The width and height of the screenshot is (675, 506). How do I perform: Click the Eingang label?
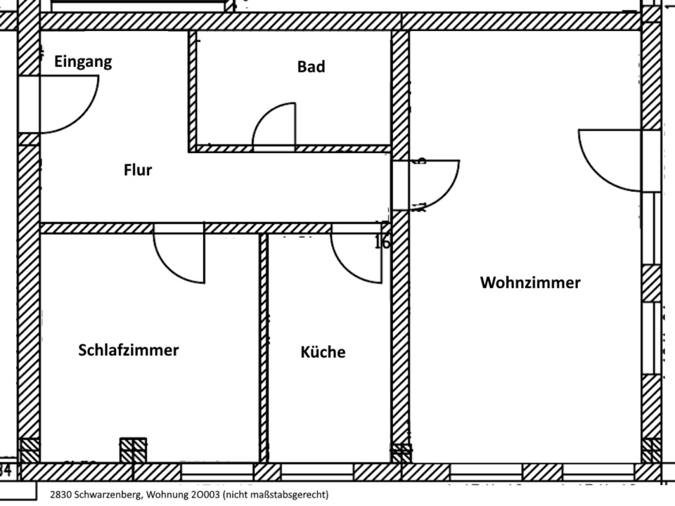pyautogui.click(x=83, y=62)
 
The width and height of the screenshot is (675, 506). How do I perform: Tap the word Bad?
pyautogui.click(x=311, y=67)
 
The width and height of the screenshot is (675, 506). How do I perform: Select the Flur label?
pyautogui.click(x=138, y=169)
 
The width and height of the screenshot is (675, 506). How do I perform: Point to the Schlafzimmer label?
pyautogui.click(x=129, y=350)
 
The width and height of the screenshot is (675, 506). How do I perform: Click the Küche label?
pyautogui.click(x=323, y=351)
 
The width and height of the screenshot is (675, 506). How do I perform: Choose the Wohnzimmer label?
pyautogui.click(x=530, y=283)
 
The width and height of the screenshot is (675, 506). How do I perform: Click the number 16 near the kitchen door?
pyautogui.click(x=382, y=242)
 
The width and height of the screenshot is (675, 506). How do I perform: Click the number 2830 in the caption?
pyautogui.click(x=60, y=495)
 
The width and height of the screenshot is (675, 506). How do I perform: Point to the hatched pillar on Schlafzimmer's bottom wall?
pyautogui.click(x=133, y=450)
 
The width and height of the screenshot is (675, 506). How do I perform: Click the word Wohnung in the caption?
pyautogui.click(x=167, y=495)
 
